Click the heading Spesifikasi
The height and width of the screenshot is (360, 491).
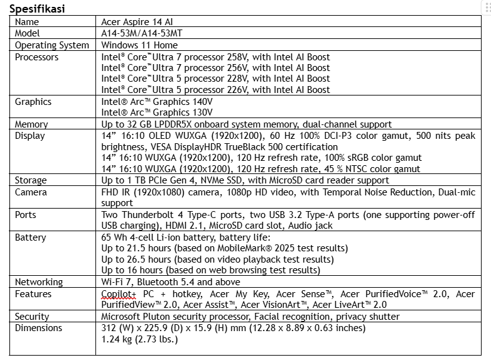(37, 9)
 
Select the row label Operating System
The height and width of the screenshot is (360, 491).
(52, 45)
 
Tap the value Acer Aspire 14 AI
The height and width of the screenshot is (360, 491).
(137, 22)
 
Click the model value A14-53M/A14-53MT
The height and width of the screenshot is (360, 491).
(142, 33)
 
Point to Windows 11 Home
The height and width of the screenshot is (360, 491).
(139, 45)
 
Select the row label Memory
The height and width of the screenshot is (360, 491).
(31, 124)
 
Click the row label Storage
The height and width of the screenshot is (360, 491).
(31, 180)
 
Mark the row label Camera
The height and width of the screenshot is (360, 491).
(31, 192)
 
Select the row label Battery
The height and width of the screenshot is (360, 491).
(31, 237)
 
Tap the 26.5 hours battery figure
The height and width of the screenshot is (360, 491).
(136, 259)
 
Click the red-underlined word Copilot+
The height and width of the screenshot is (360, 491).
(119, 293)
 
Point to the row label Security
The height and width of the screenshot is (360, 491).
(32, 317)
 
